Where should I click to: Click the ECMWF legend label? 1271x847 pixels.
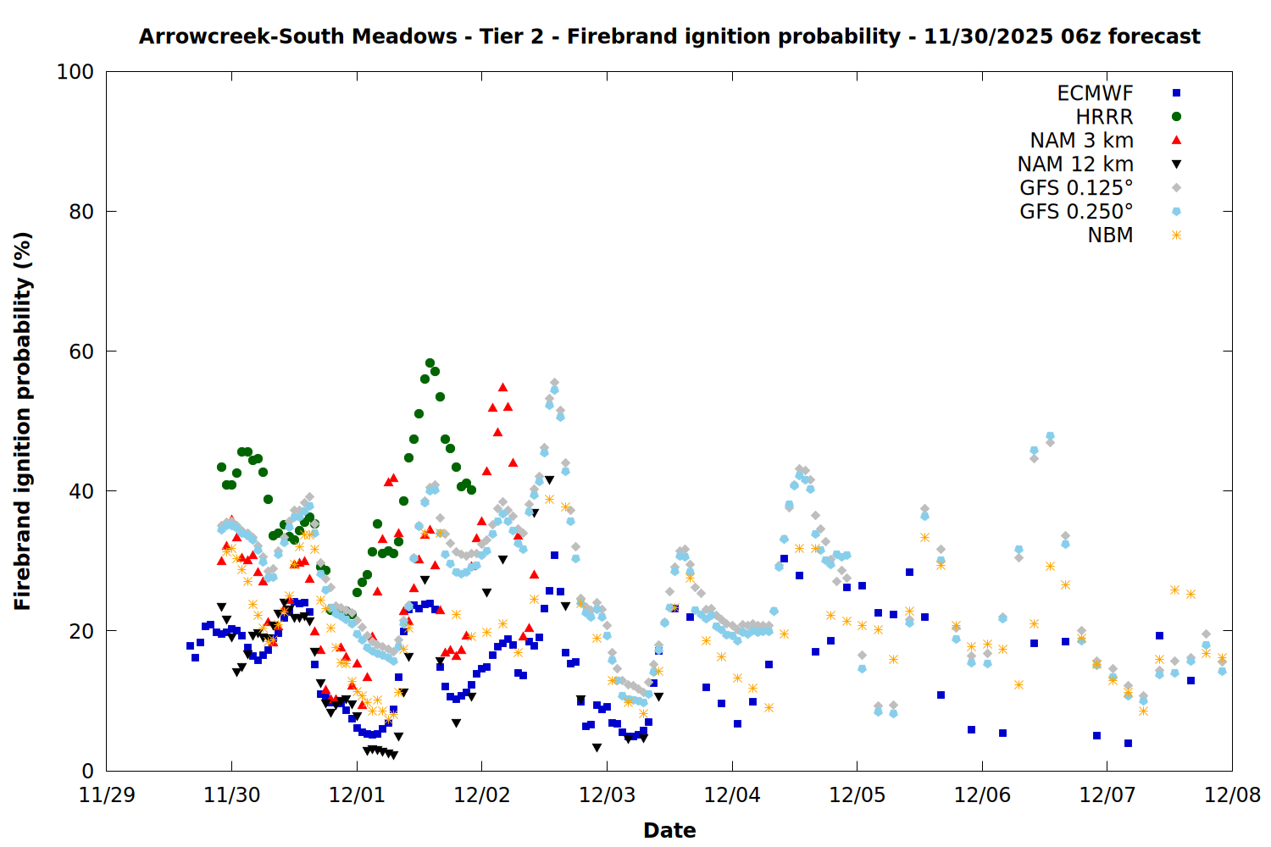pyautogui.click(x=1095, y=93)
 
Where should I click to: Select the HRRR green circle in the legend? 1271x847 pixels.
pyautogui.click(x=1176, y=117)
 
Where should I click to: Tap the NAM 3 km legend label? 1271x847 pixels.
pyautogui.click(x=1081, y=141)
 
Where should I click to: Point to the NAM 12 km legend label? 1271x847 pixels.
pyautogui.click(x=1075, y=164)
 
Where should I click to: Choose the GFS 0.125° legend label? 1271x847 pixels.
pyautogui.click(x=1076, y=188)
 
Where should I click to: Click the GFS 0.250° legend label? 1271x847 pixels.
pyautogui.click(x=1076, y=212)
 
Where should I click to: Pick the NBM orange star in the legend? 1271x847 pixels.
pyautogui.click(x=1176, y=235)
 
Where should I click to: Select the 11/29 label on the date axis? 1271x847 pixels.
pyautogui.click(x=106, y=795)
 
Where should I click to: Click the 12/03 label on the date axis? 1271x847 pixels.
pyautogui.click(x=607, y=795)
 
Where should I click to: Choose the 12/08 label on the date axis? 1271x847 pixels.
pyautogui.click(x=1232, y=795)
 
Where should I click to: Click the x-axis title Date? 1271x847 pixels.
pyautogui.click(x=669, y=830)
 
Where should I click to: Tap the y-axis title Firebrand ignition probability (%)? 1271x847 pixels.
pyautogui.click(x=23, y=421)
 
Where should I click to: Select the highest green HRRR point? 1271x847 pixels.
pyautogui.click(x=430, y=363)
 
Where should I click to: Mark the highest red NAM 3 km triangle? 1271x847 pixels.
pyautogui.click(x=502, y=387)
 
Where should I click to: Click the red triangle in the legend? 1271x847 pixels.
pyautogui.click(x=1176, y=141)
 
